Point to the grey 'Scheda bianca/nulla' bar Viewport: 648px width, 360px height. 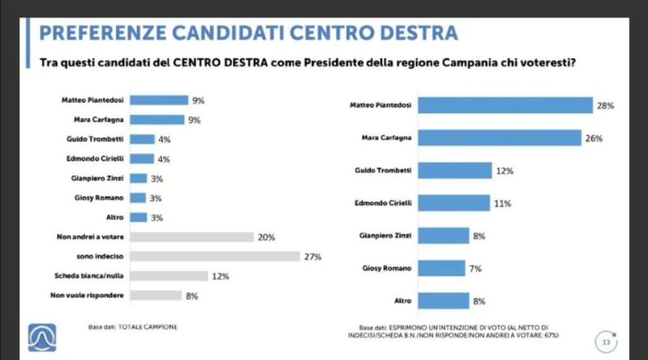pyautogui.click(x=170, y=276)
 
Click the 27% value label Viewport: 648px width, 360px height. pyautogui.click(x=313, y=256)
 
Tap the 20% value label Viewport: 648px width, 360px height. pyautogui.click(x=266, y=237)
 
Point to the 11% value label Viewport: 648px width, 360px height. pyautogui.click(x=502, y=204)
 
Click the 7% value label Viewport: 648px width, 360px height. pyautogui.click(x=475, y=268)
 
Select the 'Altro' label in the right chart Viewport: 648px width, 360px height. pyautogui.click(x=402, y=301)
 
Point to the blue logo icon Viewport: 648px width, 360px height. pyautogui.click(x=41, y=338)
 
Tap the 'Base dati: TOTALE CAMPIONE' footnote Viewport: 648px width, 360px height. pyautogui.click(x=132, y=326)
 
